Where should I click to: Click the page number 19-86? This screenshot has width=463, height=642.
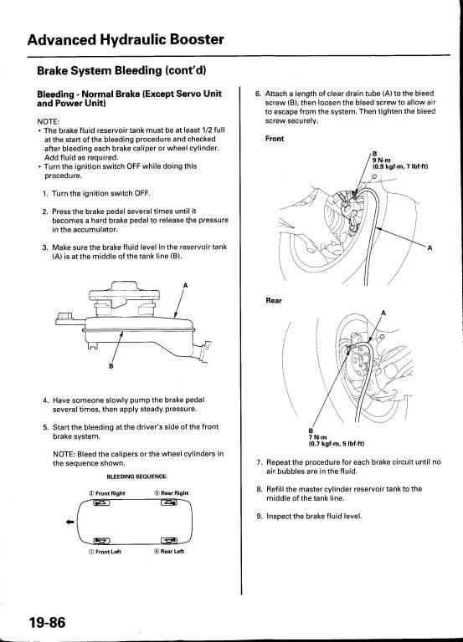point(47,622)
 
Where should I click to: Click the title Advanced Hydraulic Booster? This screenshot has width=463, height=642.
point(126,40)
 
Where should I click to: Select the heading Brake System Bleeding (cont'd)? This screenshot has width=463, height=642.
point(121,70)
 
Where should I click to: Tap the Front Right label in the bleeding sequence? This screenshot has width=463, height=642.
point(107,493)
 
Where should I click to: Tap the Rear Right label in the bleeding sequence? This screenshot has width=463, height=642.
point(172,493)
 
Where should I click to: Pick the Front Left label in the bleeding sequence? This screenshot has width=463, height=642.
point(105,552)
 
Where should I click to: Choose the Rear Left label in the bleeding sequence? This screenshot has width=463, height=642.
point(169,551)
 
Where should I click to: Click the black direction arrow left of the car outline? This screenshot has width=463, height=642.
point(70,522)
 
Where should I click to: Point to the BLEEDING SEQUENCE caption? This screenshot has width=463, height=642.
point(137,476)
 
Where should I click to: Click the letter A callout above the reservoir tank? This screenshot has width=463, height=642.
point(185,285)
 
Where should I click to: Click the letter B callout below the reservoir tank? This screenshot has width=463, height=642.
point(111,365)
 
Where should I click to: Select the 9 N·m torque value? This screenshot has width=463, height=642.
point(382,160)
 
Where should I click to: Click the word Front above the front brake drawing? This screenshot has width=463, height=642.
point(275,139)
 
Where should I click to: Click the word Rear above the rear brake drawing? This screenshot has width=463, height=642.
point(274,301)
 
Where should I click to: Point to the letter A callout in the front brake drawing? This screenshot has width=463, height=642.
point(430,247)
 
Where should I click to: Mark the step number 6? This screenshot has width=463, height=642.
point(258,94)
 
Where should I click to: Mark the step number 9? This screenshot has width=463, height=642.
point(260,516)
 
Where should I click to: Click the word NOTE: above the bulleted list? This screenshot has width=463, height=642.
point(49,121)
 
